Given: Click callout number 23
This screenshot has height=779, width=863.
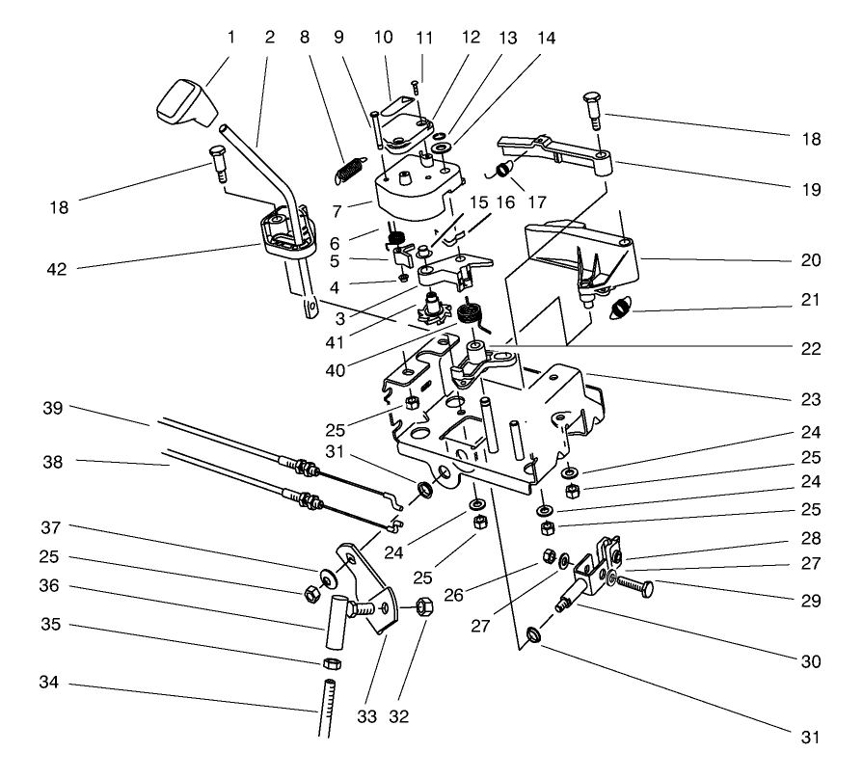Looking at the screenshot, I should pyautogui.click(x=811, y=398).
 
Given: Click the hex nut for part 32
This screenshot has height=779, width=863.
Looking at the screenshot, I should pyautogui.click(x=424, y=607).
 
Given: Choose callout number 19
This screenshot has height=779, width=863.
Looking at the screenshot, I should pyautogui.click(x=811, y=189).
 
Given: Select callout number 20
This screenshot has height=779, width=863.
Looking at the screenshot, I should pyautogui.click(x=811, y=259).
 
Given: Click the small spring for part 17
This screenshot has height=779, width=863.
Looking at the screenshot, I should pyautogui.click(x=503, y=170).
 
